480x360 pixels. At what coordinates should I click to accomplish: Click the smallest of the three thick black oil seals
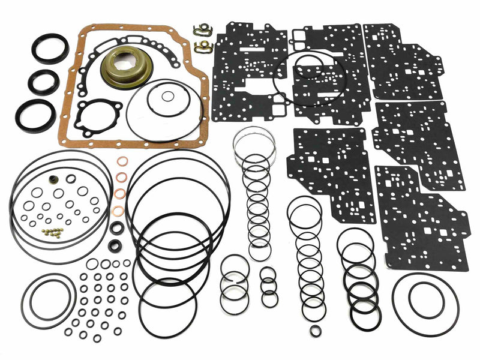click(x=44, y=82)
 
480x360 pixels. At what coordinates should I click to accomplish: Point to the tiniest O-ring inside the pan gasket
click(x=169, y=96)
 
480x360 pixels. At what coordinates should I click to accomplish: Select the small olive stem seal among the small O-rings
click(x=55, y=179)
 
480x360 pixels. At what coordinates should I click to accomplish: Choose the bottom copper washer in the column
click(x=119, y=211)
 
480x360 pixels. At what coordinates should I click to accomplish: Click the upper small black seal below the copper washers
click(x=117, y=227)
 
